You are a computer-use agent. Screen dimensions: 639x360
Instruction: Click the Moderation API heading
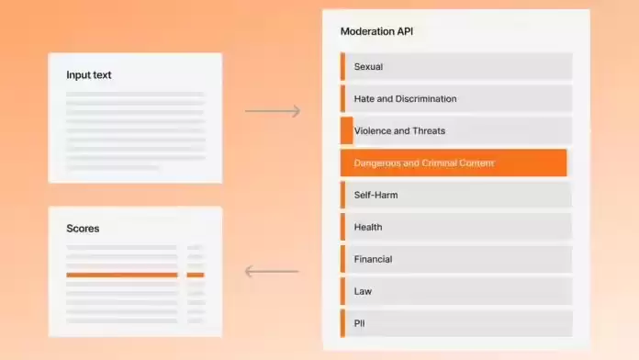pos(376,31)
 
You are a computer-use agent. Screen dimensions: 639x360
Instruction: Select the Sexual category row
pos(456,66)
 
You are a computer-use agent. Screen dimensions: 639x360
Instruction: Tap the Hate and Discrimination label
pos(405,98)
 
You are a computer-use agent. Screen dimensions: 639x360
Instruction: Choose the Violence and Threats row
pos(456,131)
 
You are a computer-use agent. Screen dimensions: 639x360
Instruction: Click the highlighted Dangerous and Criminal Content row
pos(454,163)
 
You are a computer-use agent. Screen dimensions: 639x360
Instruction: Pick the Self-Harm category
pos(456,195)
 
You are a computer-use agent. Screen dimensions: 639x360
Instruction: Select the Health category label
pos(368,227)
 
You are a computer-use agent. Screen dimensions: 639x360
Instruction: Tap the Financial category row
pos(456,259)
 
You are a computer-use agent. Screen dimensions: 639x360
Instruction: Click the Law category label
pos(363,291)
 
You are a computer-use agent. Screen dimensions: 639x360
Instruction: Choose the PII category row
pos(456,323)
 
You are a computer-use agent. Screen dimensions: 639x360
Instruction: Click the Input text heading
pos(89,75)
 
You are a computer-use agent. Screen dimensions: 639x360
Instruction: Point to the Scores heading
pos(83,229)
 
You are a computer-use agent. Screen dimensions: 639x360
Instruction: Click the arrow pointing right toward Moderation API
pos(273,111)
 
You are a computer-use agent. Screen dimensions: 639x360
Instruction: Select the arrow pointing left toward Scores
pos(272,271)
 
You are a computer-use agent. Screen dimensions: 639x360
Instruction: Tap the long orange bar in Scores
pos(122,276)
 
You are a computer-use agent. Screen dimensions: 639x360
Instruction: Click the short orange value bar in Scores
pos(196,276)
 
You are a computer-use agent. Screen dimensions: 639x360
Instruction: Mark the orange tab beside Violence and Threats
pos(347,131)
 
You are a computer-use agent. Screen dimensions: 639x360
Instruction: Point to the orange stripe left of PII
pos(342,323)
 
